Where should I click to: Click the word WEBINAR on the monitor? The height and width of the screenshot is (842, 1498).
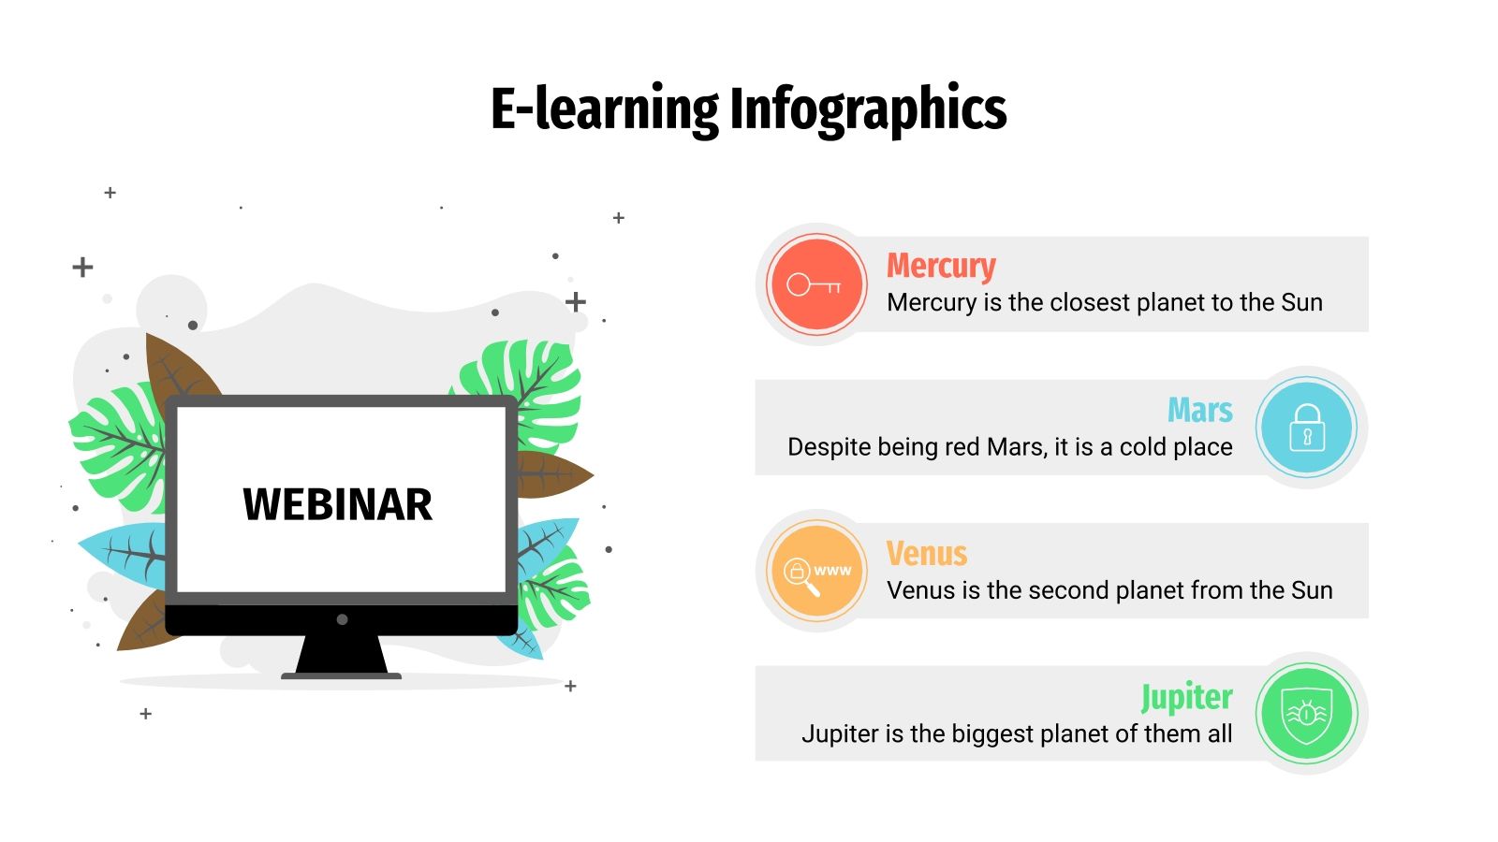point(337,505)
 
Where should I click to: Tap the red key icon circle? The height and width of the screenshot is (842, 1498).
point(816,284)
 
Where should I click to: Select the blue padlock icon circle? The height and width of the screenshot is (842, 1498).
point(1306,428)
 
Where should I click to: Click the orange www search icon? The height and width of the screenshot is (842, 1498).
point(816,572)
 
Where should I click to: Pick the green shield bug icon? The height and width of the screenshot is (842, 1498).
point(1306,714)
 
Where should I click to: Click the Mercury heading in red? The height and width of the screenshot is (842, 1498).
point(941,267)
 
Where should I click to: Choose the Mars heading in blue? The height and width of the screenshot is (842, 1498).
point(1199,411)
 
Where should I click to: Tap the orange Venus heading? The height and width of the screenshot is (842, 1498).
point(927,554)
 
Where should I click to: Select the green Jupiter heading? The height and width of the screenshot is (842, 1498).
point(1186,697)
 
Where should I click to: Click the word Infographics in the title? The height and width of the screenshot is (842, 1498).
point(867,109)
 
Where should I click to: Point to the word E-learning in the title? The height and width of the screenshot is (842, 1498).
point(604,109)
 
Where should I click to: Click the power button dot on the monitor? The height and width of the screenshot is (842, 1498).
point(342,619)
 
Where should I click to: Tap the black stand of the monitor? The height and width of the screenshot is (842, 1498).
point(342,655)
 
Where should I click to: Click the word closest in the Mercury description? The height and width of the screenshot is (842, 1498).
point(1090,303)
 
